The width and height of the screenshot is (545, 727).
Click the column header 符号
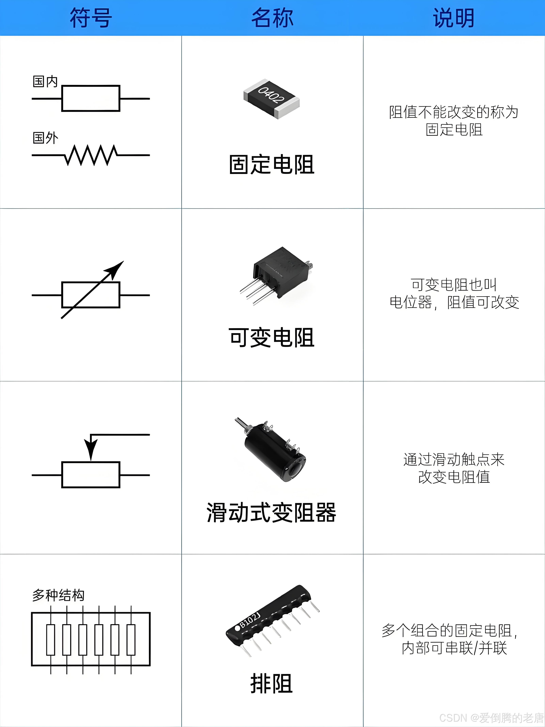pyautogui.click(x=91, y=18)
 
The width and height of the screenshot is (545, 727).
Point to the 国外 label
pyautogui.click(x=45, y=138)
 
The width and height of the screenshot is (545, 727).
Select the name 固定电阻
pyautogui.click(x=271, y=164)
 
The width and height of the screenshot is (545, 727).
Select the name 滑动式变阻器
pyautogui.click(x=271, y=513)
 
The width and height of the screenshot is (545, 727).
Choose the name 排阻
pyautogui.click(x=271, y=684)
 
